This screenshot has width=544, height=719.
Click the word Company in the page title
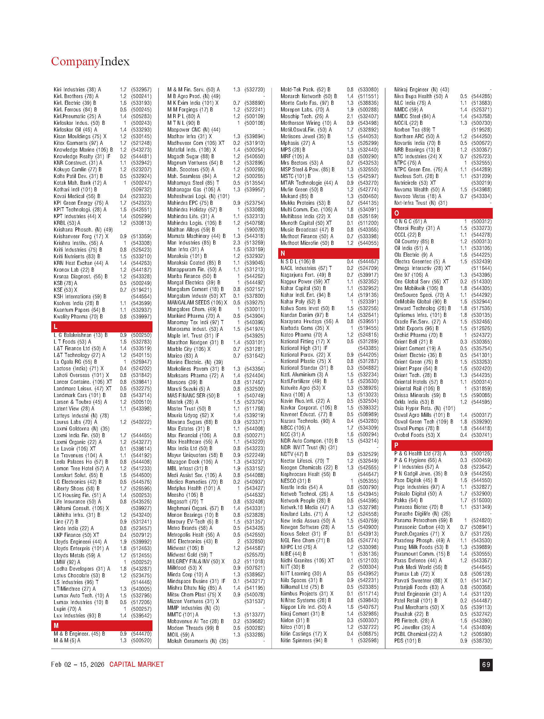click(75, 61)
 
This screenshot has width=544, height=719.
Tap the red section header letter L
click(56, 327)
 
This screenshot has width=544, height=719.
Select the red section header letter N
click(283, 253)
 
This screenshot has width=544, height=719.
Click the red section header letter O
click(397, 213)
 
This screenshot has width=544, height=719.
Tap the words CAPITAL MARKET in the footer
click(137, 665)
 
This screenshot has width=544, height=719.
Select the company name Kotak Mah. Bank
click(73, 183)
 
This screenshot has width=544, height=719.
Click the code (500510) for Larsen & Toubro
click(141, 402)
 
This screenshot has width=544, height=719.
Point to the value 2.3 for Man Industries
click(237, 243)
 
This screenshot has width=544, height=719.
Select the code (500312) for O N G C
click(482, 222)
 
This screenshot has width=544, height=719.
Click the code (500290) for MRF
click(368, 156)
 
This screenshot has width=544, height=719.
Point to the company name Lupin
click(60, 609)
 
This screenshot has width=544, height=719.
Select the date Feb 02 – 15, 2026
click(78, 665)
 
